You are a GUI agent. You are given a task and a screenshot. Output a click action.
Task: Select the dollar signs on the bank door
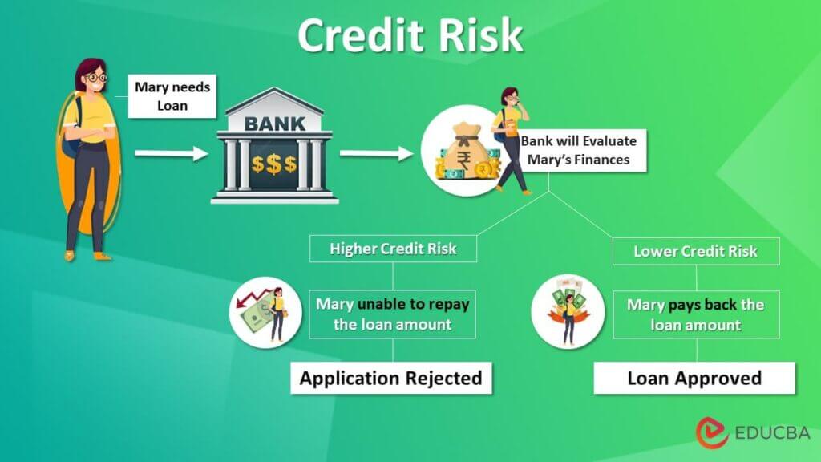click(x=273, y=164)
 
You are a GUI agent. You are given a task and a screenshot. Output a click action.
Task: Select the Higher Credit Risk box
click(x=393, y=249)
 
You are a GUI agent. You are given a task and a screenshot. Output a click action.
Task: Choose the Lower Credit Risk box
click(x=695, y=251)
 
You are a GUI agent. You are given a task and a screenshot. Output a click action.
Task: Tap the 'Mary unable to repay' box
click(x=392, y=314)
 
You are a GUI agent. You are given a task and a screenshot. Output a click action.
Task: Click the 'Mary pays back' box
click(x=695, y=314)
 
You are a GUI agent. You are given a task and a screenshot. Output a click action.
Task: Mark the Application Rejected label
click(x=391, y=378)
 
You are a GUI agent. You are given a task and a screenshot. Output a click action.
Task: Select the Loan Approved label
click(x=694, y=378)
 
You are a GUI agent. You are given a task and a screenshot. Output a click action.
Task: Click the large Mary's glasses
click(x=95, y=79)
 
